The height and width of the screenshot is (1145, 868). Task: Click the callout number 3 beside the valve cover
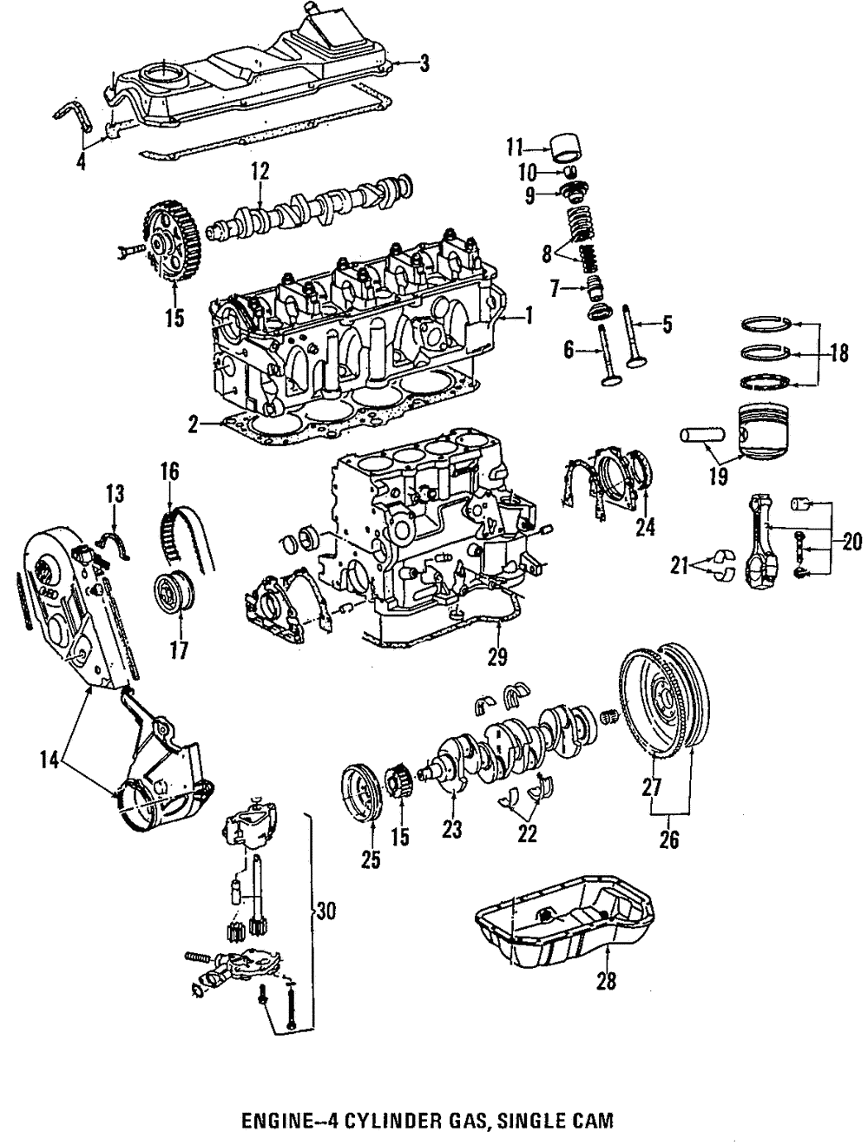click(423, 62)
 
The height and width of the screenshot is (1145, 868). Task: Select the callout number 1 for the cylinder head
click(527, 317)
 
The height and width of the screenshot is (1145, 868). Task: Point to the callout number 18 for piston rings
click(838, 354)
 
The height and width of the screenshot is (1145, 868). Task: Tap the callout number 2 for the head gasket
click(194, 424)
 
